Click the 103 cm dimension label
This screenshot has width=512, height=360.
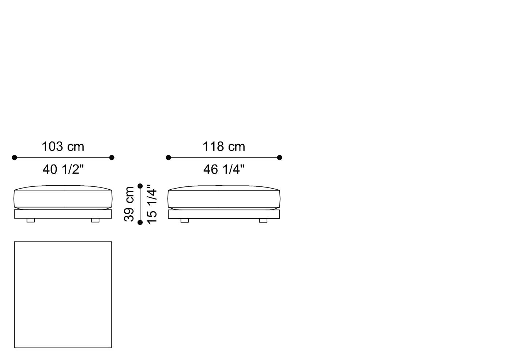click(x=63, y=147)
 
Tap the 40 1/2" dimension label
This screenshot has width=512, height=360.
click(x=63, y=169)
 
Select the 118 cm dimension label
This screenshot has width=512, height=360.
click(x=224, y=147)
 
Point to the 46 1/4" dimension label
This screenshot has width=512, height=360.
click(x=224, y=169)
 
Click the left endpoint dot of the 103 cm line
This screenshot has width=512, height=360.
click(x=14, y=158)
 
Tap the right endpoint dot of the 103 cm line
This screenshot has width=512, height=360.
click(x=112, y=158)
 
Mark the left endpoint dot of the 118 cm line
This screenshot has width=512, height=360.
click(x=168, y=158)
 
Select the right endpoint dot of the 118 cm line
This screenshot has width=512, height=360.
click(x=280, y=158)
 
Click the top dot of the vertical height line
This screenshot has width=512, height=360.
click(x=140, y=186)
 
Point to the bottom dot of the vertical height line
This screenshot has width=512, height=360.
click(x=140, y=222)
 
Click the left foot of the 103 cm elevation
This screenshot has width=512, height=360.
click(x=31, y=220)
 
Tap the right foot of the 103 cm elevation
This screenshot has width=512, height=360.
click(x=95, y=220)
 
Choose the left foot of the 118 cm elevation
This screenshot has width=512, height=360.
click(x=185, y=220)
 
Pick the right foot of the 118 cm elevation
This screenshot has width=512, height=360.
click(x=263, y=220)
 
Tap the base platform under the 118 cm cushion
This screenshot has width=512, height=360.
click(x=224, y=214)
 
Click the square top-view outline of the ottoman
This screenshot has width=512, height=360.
click(x=63, y=294)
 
